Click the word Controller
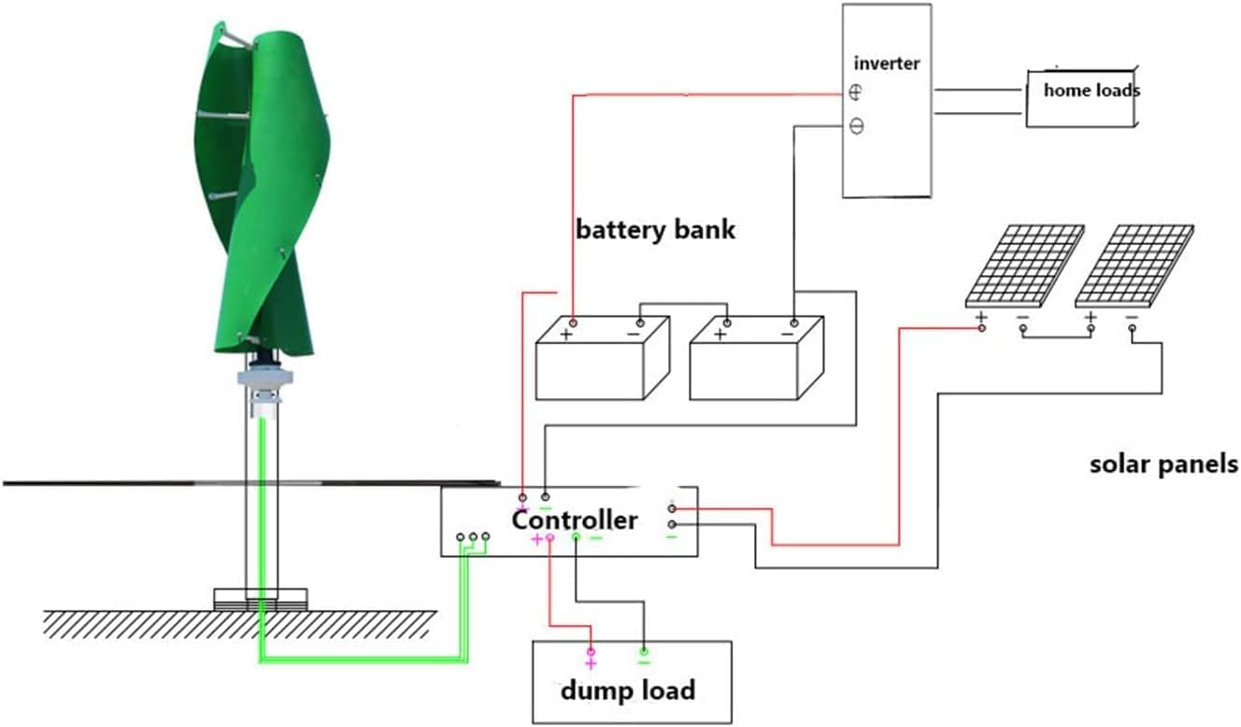(575, 520)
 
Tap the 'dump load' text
(627, 691)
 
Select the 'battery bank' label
(655, 229)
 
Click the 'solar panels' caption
(1163, 463)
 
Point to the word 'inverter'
(887, 64)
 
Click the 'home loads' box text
(1091, 91)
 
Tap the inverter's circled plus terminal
(856, 93)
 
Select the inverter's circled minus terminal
(856, 126)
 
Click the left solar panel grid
(1024, 264)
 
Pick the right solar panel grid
(1134, 264)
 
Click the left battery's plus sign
(565, 334)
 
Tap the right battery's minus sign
(787, 334)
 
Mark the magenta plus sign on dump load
(590, 663)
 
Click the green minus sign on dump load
(643, 662)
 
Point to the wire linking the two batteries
(682, 304)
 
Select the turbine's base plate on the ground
(261, 598)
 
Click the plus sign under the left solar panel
(981, 318)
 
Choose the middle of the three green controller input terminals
(473, 537)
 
